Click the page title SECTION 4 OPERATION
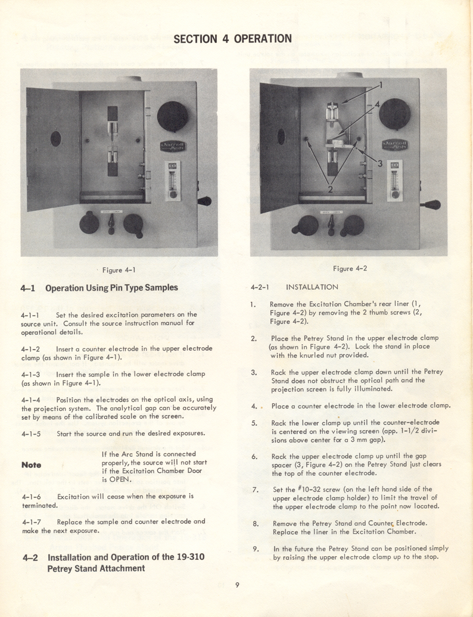(232, 39)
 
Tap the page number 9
(236, 584)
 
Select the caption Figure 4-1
(119, 270)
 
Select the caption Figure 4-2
(350, 268)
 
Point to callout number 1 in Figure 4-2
(381, 85)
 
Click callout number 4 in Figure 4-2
(376, 104)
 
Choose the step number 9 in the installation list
(254, 548)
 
